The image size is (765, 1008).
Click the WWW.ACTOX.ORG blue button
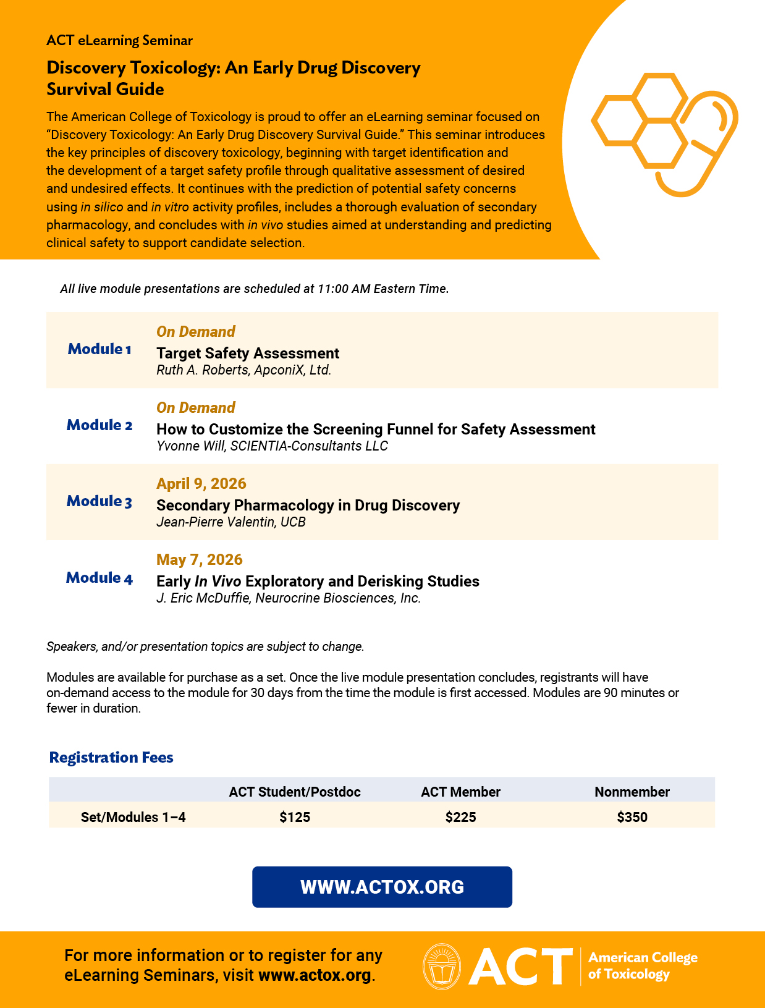coord(382,887)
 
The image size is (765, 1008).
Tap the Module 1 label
coord(99,349)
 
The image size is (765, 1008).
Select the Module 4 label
coord(99,578)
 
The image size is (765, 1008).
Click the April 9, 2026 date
coord(201,484)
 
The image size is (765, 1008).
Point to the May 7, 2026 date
coord(200,560)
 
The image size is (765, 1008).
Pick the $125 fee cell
coord(295,817)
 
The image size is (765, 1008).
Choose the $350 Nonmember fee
coord(632,817)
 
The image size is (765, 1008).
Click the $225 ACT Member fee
coord(460,817)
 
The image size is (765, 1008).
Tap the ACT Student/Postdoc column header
coord(295,792)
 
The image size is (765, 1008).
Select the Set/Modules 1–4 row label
coord(133,817)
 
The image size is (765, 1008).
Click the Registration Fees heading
coord(111,758)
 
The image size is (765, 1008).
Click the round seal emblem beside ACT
coord(442,966)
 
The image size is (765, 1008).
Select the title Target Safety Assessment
coord(248,354)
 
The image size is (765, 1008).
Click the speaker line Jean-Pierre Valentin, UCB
coord(231,522)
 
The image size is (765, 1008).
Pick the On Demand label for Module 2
coord(196,408)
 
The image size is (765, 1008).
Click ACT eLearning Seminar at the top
coord(119,41)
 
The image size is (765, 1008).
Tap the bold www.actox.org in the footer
coord(315,976)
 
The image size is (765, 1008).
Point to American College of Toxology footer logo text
coord(643,965)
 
